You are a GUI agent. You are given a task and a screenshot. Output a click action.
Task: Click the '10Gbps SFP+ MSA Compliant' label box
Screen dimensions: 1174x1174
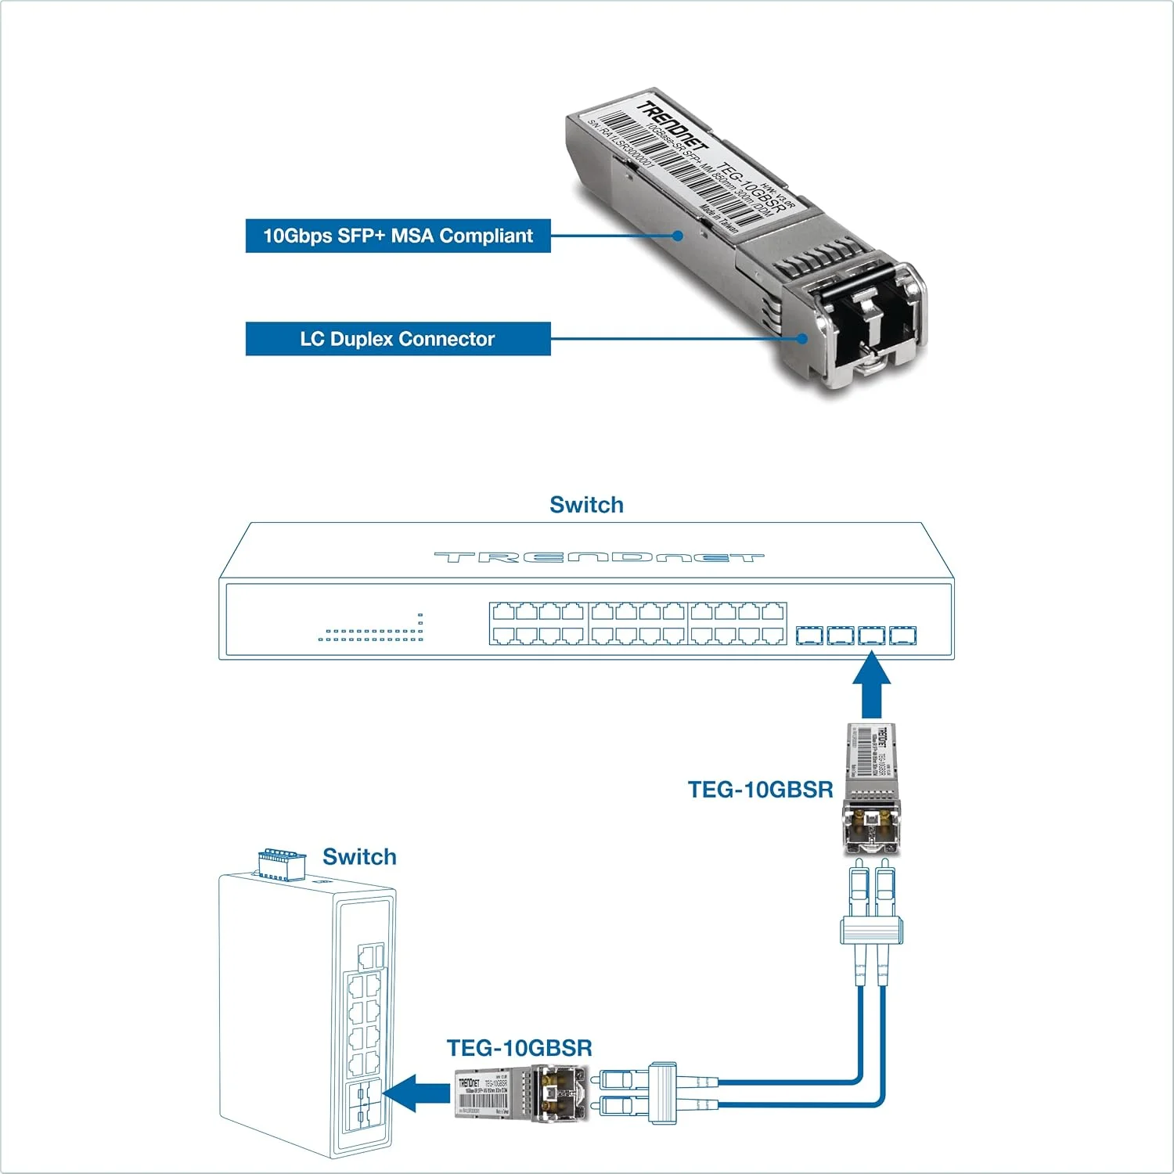(398, 236)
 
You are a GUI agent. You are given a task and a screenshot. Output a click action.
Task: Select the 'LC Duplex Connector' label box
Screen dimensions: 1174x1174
(398, 339)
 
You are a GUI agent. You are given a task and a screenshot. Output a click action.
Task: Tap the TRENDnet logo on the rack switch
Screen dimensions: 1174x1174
(599, 557)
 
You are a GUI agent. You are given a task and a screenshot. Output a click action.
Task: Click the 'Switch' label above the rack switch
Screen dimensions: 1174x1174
(586, 505)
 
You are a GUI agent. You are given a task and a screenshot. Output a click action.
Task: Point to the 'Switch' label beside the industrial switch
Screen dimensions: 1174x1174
(359, 856)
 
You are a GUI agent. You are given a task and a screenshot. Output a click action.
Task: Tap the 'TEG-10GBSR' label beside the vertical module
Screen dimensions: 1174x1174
(760, 789)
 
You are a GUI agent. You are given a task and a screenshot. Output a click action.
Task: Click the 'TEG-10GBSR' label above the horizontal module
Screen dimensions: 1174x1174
(519, 1048)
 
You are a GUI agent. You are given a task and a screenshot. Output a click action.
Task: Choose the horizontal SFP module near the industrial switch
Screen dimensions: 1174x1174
(520, 1093)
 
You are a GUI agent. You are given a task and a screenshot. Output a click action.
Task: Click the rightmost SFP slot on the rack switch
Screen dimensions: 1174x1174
(902, 635)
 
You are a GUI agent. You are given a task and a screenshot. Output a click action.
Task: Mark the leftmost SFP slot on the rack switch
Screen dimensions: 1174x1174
(809, 635)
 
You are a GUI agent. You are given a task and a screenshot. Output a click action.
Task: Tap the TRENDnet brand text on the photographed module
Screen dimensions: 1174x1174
(672, 128)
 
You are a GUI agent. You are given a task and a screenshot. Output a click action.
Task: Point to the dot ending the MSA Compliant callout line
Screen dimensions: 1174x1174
(679, 236)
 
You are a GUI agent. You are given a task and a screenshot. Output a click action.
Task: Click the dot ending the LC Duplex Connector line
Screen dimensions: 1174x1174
(802, 339)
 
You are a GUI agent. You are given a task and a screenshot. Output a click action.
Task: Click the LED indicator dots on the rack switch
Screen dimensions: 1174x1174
(371, 634)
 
